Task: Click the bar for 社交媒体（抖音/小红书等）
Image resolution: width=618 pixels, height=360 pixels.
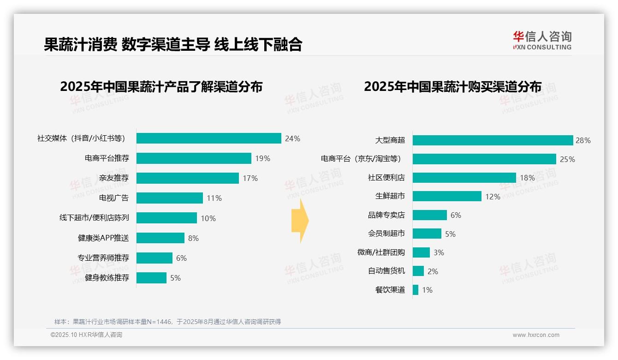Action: pyautogui.click(x=208, y=138)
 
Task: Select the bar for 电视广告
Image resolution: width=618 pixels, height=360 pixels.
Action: pyautogui.click(x=169, y=198)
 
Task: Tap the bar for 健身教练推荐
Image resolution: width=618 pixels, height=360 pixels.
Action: pyautogui.click(x=151, y=278)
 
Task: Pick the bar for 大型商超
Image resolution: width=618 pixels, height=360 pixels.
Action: pyautogui.click(x=493, y=140)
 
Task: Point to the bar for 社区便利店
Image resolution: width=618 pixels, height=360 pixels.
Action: pyautogui.click(x=464, y=178)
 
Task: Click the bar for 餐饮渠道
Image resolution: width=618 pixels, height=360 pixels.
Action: pyautogui.click(x=416, y=290)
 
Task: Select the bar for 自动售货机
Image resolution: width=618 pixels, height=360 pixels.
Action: pyautogui.click(x=418, y=271)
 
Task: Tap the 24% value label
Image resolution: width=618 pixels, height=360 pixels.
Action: pyautogui.click(x=292, y=138)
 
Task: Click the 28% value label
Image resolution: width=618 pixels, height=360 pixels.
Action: pyautogui.click(x=583, y=140)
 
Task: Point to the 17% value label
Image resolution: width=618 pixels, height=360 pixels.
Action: pyautogui.click(x=250, y=178)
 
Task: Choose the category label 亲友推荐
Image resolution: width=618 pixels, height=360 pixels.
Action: pyautogui.click(x=114, y=178)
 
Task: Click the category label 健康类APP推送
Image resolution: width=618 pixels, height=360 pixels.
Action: pyautogui.click(x=103, y=238)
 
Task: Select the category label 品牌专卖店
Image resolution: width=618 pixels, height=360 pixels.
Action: pyautogui.click(x=386, y=215)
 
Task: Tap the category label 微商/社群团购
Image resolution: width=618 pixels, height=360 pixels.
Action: pyautogui.click(x=381, y=252)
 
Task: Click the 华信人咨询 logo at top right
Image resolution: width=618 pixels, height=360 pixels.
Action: pyautogui.click(x=542, y=40)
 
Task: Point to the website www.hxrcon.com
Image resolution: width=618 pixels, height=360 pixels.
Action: pyautogui.click(x=536, y=335)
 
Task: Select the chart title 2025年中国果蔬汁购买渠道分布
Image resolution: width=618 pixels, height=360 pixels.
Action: pyautogui.click(x=452, y=87)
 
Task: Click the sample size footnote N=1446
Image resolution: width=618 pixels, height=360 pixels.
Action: pyautogui.click(x=167, y=322)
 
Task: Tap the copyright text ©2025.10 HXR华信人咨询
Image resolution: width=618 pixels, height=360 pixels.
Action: pyautogui.click(x=86, y=335)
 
